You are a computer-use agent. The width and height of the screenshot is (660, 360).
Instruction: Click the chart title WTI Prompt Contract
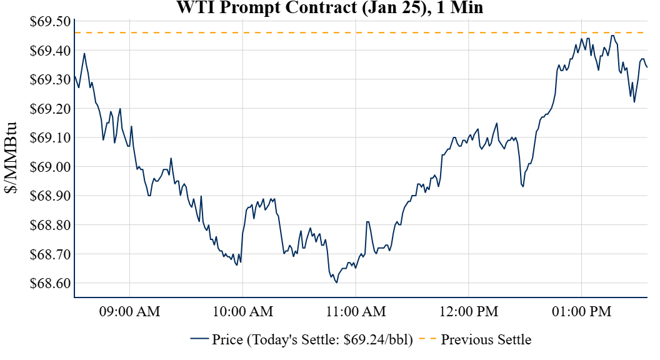coord(330,8)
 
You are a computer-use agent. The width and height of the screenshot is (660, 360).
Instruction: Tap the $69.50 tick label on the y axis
coord(50,22)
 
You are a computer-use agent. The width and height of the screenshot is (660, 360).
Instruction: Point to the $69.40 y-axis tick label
coord(50,51)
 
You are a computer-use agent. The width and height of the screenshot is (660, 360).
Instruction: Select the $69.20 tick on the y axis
coord(50,109)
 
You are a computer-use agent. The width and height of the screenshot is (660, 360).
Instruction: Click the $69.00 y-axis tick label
coord(50,167)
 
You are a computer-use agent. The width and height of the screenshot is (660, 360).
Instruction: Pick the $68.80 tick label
coord(50,225)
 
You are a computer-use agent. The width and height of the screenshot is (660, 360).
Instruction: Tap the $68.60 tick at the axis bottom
coord(50,283)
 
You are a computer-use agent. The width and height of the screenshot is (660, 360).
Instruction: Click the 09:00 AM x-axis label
coord(129,311)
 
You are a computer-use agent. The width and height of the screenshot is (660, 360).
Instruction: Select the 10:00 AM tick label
coord(242,311)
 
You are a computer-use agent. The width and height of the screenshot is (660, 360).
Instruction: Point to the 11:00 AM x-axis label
coord(355,311)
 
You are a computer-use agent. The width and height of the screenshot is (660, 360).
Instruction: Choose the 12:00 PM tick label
coord(468,311)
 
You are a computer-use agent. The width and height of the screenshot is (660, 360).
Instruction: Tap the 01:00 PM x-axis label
coord(581,311)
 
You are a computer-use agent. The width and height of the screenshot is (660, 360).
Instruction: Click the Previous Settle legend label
coord(486,340)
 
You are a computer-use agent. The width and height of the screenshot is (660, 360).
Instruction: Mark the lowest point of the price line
coord(336,282)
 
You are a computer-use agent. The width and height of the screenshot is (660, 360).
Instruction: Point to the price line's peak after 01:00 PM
coord(612,36)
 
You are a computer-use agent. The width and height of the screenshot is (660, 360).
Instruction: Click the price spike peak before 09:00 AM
coord(84,53)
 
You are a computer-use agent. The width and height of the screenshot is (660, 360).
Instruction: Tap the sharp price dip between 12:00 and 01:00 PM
coord(523,186)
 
